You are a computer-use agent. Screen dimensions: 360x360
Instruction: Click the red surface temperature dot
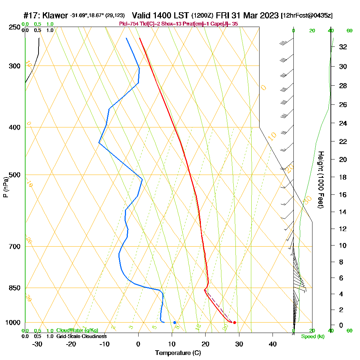coord(234,323)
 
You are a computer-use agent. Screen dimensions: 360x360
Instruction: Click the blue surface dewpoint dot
coord(175,323)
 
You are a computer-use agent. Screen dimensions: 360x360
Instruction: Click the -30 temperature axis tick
coord(37,344)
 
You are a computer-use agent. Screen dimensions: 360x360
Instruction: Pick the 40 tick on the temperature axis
coord(273,344)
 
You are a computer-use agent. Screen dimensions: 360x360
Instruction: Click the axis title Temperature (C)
coord(178,353)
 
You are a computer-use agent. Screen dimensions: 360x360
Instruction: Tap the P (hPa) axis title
coord(5,187)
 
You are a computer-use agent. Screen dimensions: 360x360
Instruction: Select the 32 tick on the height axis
coord(343,47)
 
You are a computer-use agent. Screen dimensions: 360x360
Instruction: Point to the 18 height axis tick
coord(343,177)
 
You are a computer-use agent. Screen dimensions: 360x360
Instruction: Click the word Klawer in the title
coord(55,15)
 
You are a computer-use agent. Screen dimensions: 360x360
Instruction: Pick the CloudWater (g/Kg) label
coord(77,330)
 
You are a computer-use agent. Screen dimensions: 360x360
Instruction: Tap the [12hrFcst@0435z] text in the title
coord(307,16)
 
